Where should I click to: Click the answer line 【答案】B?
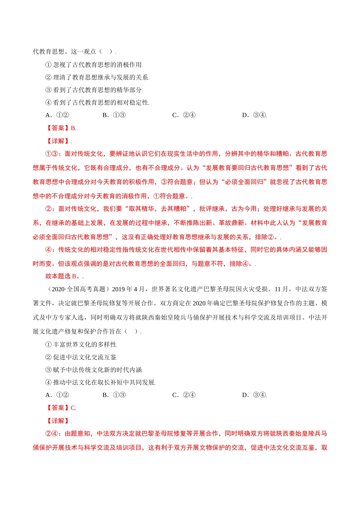point(61,128)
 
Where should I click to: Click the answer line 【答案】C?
point(61,408)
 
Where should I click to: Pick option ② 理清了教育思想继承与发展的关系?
point(97,77)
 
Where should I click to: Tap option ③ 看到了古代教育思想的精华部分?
point(94,90)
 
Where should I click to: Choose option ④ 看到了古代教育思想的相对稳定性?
point(97,103)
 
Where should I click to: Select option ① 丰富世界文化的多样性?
point(81,345)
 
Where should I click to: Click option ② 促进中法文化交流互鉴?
point(81,357)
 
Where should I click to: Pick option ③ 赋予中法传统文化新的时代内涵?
point(94,370)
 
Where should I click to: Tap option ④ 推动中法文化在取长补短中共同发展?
point(100,383)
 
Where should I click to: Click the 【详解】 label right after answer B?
point(58,141)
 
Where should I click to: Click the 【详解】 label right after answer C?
point(58,421)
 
